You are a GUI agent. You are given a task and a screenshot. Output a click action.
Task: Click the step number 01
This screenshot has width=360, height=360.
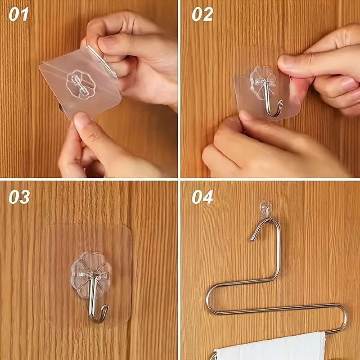(18, 14)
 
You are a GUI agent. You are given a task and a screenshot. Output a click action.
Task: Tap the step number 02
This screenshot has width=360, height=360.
(202, 14)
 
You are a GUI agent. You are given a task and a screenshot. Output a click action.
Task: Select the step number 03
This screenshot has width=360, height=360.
(19, 197)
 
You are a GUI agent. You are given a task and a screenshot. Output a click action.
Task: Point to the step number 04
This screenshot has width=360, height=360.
(202, 197)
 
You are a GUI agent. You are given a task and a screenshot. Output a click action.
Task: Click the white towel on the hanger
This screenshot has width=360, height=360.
(270, 346)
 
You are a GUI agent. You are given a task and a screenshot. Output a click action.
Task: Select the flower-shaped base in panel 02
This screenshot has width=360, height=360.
(263, 79)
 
